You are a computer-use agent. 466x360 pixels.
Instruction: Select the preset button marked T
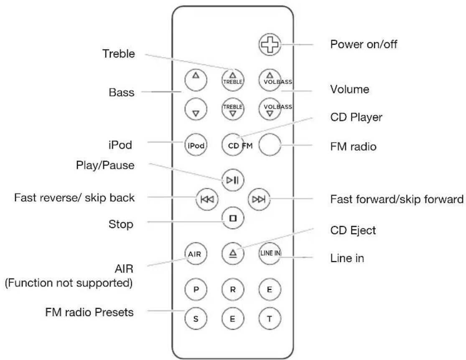pos(270,318)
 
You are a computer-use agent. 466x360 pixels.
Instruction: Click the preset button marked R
pos(232,289)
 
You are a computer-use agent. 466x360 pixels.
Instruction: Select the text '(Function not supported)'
pos(69,283)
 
